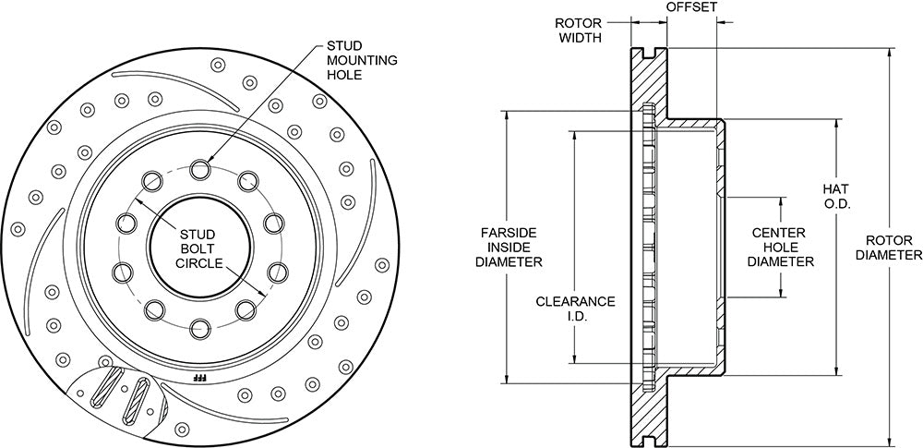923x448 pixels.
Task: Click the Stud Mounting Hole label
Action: (x=362, y=60)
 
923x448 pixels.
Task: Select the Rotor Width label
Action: (x=580, y=30)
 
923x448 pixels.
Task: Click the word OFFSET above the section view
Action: (x=691, y=7)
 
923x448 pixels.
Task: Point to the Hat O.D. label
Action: (x=836, y=197)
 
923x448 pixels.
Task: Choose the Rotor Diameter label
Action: (x=889, y=248)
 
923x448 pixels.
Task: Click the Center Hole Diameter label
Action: (x=781, y=248)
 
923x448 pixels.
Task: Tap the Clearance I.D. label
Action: (x=575, y=309)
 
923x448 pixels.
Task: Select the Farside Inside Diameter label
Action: (x=509, y=248)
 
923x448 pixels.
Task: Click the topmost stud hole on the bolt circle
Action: (x=200, y=169)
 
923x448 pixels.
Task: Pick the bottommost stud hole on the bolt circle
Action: (x=200, y=328)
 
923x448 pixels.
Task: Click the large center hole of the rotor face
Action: (x=200, y=248)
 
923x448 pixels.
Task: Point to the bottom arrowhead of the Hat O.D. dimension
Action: (x=836, y=369)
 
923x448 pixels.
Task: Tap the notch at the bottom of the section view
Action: (x=650, y=441)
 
